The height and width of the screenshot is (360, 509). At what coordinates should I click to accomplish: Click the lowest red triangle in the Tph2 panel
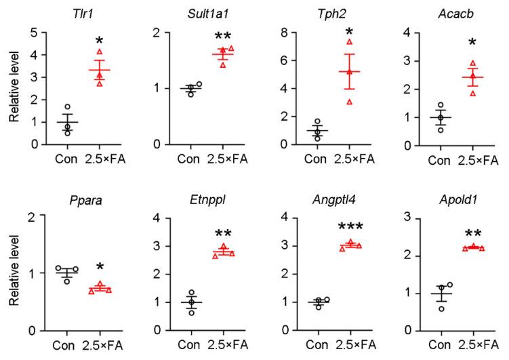(350, 102)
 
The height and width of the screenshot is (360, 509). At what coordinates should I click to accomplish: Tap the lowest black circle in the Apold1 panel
(443, 308)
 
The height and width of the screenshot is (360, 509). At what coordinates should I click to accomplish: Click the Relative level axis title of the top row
(14, 87)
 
